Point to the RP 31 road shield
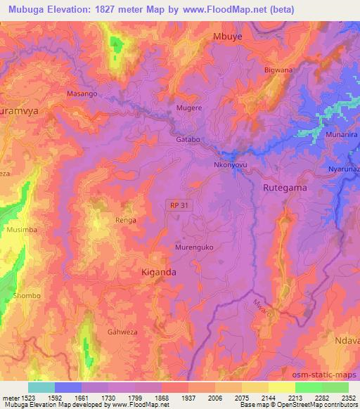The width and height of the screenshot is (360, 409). pos(179,204)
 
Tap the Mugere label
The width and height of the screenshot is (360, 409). pos(189,109)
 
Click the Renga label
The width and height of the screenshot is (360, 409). pos(125,220)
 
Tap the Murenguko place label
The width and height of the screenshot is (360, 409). pos(193,248)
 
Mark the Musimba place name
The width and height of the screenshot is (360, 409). pos(15,229)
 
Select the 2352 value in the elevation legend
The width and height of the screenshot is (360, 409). pos(347,397)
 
